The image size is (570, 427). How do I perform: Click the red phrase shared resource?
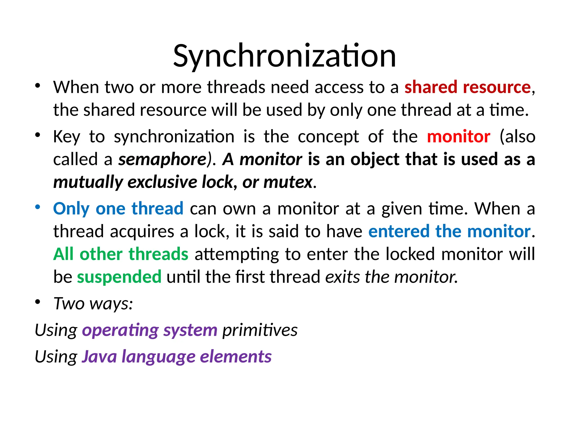click(468, 87)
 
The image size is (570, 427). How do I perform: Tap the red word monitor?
click(458, 136)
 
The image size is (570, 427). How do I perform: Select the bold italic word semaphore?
click(162, 159)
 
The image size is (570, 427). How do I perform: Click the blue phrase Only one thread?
click(118, 208)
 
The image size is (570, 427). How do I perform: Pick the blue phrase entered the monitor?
click(449, 231)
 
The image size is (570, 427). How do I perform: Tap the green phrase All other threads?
click(121, 254)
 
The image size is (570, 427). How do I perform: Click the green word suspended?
click(119, 277)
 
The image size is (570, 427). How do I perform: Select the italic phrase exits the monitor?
click(391, 277)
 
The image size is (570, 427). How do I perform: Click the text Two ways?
click(93, 303)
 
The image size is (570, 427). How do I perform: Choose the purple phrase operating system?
click(149, 330)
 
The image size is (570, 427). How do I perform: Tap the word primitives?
click(260, 330)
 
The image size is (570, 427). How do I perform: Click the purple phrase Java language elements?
click(176, 356)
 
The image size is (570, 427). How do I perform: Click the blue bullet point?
click(38, 207)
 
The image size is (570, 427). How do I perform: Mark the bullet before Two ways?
click(38, 302)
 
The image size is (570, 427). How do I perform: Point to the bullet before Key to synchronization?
click(38, 135)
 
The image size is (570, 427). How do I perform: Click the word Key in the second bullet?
click(67, 136)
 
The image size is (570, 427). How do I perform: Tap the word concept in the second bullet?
click(328, 136)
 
